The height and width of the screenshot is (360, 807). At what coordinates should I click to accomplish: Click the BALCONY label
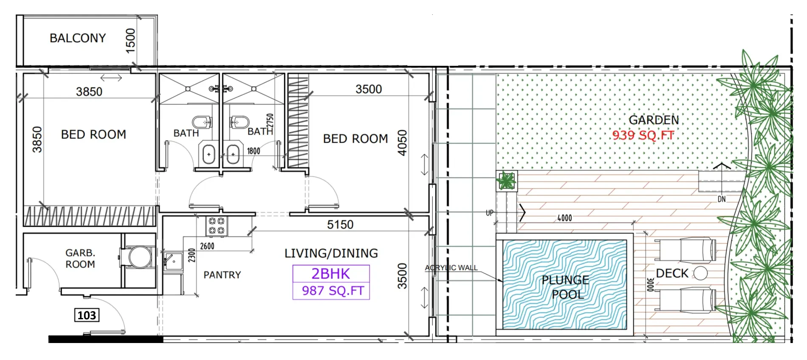pyautogui.click(x=78, y=38)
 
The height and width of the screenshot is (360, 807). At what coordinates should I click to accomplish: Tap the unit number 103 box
pyautogui.click(x=87, y=315)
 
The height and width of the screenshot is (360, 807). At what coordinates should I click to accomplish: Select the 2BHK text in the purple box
pyautogui.click(x=331, y=274)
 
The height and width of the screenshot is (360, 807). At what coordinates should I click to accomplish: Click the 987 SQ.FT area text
pyautogui.click(x=333, y=291)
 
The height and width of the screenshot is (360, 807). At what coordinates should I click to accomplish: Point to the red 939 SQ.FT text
pyautogui.click(x=643, y=135)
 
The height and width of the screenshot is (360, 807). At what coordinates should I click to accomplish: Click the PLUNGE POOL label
pyautogui.click(x=565, y=287)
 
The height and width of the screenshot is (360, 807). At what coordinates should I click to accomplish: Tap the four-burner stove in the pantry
pyautogui.click(x=217, y=226)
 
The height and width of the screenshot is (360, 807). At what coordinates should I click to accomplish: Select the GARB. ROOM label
pyautogui.click(x=80, y=259)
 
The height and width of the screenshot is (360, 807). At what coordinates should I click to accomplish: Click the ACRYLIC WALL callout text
pyautogui.click(x=451, y=268)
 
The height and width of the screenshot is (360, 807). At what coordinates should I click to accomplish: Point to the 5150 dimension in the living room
pyautogui.click(x=340, y=225)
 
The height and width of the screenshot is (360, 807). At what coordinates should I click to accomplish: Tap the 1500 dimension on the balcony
pyautogui.click(x=130, y=41)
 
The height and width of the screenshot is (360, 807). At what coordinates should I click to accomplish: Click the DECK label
pyautogui.click(x=672, y=273)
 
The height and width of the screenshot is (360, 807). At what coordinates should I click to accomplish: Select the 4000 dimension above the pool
pyautogui.click(x=564, y=218)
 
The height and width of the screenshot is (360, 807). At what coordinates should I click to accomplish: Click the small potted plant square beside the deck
pyautogui.click(x=507, y=181)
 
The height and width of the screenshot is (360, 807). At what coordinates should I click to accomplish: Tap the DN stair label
pyautogui.click(x=722, y=199)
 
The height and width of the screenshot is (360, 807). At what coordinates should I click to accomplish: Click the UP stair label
pyautogui.click(x=490, y=213)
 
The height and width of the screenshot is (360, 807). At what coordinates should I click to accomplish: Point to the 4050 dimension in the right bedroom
pyautogui.click(x=402, y=143)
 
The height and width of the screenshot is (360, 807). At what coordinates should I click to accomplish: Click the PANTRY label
pyautogui.click(x=222, y=275)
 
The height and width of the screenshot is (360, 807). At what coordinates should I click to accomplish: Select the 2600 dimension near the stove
pyautogui.click(x=207, y=246)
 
